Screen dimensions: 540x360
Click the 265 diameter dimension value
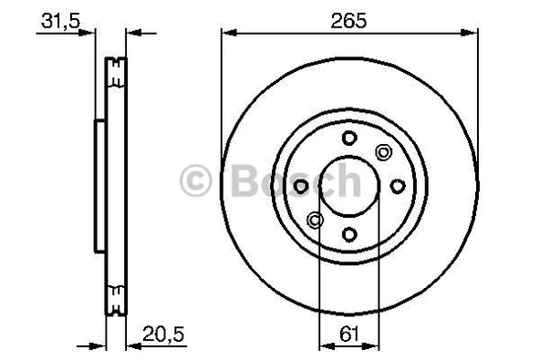pos(348,21)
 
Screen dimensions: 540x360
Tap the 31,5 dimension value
pos(60,21)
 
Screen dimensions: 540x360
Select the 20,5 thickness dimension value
pos(163,334)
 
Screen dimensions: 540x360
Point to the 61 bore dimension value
pos(349,334)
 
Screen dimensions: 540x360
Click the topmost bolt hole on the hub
pos(349,138)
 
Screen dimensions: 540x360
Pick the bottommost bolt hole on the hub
pos(349,235)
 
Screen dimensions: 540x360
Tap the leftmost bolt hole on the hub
pos(301,187)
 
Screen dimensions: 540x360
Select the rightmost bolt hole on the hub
pos(398,187)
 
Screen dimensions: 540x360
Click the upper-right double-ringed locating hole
pos(383,152)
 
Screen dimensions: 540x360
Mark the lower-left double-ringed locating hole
pos(315,221)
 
